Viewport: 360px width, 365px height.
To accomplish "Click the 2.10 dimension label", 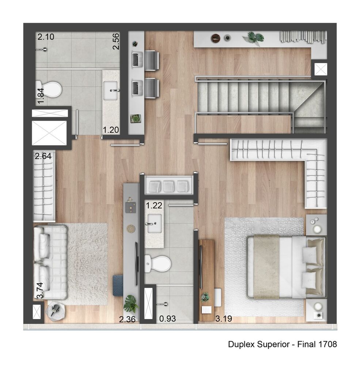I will coord(46,36).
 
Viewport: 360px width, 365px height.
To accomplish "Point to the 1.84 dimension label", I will coord(41,95).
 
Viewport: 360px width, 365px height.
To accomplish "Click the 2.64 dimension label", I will coord(43,157).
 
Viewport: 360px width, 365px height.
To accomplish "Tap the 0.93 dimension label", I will coord(168,319).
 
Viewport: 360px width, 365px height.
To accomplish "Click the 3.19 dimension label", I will coord(224,319).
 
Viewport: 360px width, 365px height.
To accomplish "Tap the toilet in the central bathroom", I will coord(159,263).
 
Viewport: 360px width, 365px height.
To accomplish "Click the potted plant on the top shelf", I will coord(255,37).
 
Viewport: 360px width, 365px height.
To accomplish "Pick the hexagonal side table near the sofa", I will coord(56,311).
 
